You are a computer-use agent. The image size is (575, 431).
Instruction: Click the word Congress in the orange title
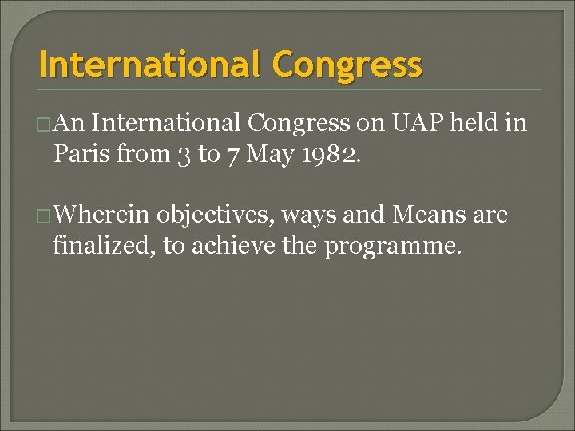click(x=347, y=65)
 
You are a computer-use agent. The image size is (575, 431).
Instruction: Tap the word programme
click(x=391, y=246)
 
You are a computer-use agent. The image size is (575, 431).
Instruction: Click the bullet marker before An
click(x=46, y=124)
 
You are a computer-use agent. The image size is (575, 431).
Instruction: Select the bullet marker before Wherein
click(x=46, y=216)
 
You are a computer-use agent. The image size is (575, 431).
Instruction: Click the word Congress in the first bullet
click(x=299, y=124)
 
